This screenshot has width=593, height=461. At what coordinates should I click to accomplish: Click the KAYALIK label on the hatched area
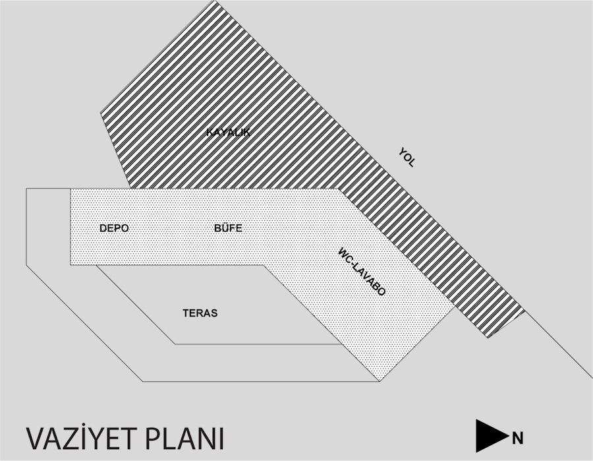click(x=229, y=133)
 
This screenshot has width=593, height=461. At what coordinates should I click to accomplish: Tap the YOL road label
click(x=407, y=158)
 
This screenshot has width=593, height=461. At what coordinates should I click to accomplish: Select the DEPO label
click(x=114, y=228)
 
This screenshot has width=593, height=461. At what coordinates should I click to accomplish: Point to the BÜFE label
click(x=228, y=228)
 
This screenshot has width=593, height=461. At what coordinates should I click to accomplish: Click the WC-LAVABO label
click(x=362, y=272)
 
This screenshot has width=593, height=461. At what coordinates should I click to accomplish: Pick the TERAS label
click(x=200, y=313)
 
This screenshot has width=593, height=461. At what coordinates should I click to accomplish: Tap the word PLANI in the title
click(x=185, y=439)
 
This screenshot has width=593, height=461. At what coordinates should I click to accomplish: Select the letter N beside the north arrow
click(x=518, y=439)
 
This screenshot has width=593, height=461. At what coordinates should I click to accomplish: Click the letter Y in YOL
click(x=402, y=152)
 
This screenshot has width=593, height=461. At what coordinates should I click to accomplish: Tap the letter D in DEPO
click(x=103, y=228)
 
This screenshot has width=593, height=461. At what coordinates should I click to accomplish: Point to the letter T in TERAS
click(x=186, y=313)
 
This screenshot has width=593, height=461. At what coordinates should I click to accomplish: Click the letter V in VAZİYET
click(x=34, y=439)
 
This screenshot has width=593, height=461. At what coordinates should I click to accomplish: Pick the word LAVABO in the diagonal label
click(x=370, y=280)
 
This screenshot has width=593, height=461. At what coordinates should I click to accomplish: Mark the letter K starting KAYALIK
click(x=210, y=133)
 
